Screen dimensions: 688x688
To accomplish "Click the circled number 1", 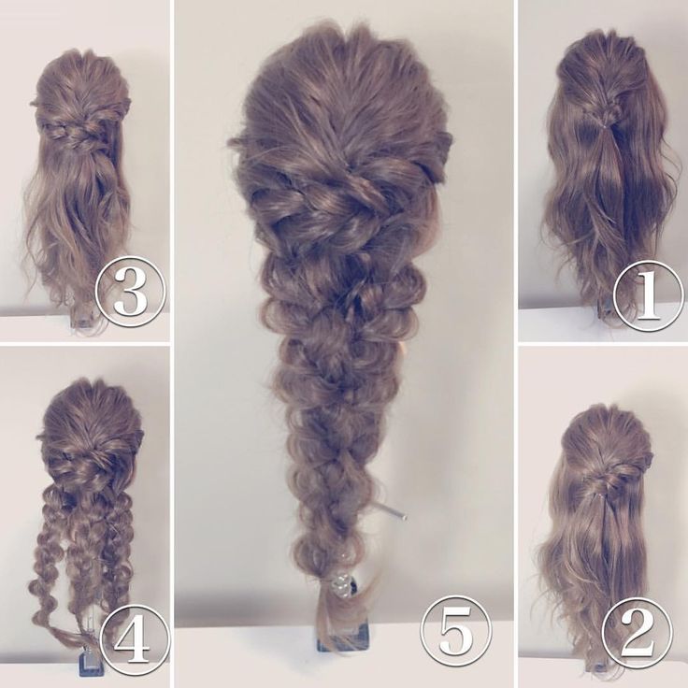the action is pyautogui.click(x=647, y=294).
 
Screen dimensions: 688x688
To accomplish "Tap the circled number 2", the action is pyautogui.click(x=638, y=635).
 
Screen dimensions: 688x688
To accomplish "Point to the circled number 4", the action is pyautogui.click(x=136, y=638).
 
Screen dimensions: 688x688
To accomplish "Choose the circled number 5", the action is pyautogui.click(x=455, y=630).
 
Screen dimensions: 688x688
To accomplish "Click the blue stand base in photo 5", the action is pyautogui.click(x=344, y=637).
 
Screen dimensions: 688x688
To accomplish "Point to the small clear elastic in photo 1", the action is pyautogui.click(x=605, y=125).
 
